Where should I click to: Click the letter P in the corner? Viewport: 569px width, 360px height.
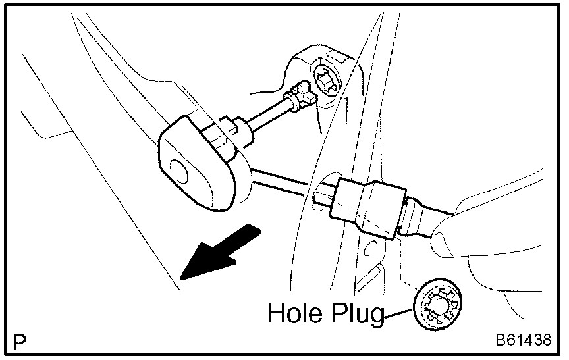[20, 342]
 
